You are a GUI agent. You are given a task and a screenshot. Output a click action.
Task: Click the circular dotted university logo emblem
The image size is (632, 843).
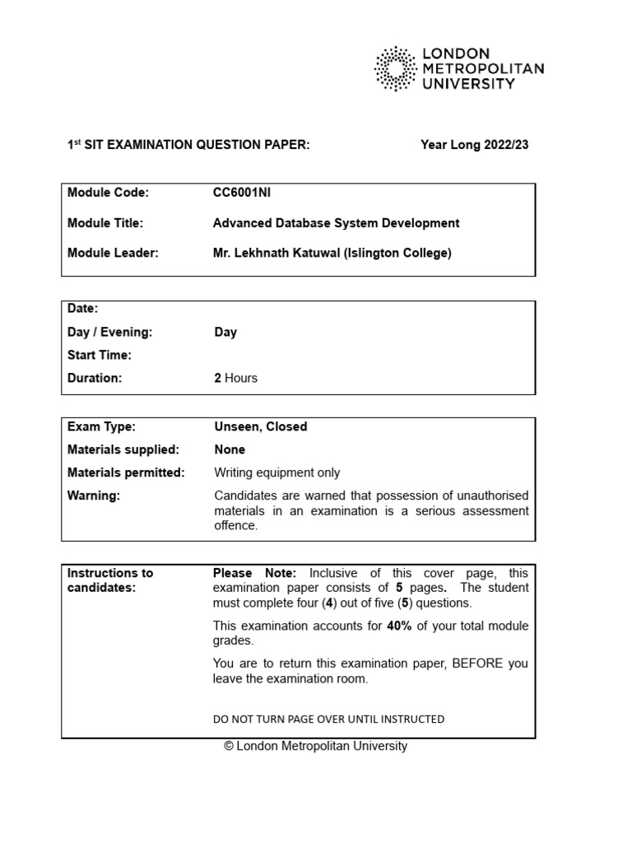coord(396,68)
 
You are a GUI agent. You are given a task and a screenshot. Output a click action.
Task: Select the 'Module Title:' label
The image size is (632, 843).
coord(105,223)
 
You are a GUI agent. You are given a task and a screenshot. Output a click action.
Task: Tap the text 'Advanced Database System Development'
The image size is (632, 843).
coord(336,223)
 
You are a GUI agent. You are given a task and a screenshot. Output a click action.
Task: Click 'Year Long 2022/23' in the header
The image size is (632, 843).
coord(474,145)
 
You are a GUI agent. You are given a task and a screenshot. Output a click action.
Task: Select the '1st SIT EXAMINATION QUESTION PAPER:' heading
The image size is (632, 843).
coord(188,145)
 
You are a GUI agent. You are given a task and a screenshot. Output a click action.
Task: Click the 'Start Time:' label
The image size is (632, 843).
coord(100,355)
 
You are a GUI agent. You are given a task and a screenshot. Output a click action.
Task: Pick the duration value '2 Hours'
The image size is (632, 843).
coord(235,378)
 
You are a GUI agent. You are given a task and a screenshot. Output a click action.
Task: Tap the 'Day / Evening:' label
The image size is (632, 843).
coord(110,332)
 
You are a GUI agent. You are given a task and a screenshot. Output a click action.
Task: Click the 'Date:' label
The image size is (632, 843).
coord(82,309)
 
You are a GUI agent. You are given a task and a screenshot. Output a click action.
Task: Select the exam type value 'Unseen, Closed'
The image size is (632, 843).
coord(261,426)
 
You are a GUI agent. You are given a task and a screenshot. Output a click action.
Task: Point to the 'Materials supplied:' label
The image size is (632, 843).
coord(122,449)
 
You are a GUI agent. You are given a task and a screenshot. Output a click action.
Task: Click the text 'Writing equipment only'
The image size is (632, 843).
coord(277,473)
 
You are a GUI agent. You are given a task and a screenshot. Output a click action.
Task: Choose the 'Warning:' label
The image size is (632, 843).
coord(94,496)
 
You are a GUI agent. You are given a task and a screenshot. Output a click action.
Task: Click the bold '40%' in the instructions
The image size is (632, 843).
coord(401,626)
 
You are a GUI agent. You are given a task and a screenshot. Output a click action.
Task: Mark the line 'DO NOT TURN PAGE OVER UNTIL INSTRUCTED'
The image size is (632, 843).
coord(328,719)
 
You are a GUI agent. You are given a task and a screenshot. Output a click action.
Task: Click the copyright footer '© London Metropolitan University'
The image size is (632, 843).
coord(315,746)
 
